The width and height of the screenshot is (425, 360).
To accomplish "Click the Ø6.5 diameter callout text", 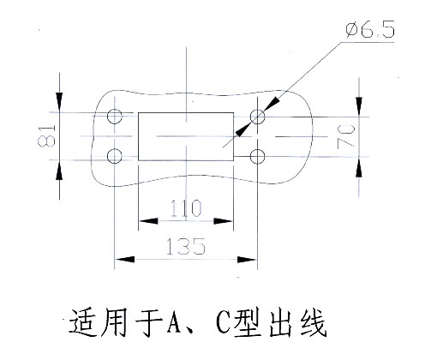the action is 370,29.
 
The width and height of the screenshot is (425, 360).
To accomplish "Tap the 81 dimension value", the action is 46,135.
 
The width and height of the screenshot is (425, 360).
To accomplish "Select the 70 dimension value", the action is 346,136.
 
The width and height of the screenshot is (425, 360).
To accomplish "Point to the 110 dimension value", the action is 186,207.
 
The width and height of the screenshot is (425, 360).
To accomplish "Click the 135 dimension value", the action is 186,246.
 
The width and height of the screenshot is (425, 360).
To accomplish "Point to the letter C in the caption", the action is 224,324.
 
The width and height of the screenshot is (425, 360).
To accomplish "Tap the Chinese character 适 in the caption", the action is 82,323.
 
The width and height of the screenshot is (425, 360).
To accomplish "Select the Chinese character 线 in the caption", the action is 313,323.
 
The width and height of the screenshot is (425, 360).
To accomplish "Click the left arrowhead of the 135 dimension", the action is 124,260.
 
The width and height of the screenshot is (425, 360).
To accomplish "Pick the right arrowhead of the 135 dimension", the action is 248,260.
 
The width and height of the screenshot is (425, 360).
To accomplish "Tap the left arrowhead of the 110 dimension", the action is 148,221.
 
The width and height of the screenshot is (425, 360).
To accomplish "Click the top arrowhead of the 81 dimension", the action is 59,102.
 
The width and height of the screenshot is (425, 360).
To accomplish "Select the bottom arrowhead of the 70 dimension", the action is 359,167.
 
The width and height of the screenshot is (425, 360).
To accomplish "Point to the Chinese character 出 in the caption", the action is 281,323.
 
